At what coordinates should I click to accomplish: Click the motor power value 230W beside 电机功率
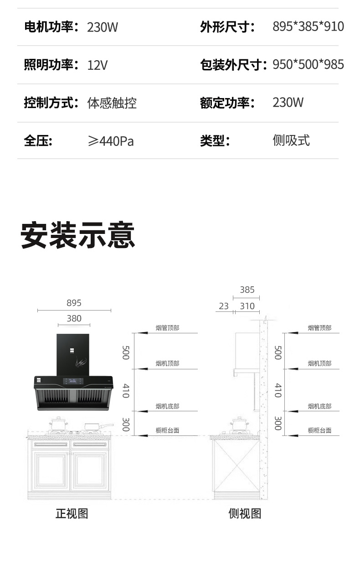click(103, 27)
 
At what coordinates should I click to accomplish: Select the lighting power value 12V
click(98, 65)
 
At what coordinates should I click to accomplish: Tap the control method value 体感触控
click(112, 103)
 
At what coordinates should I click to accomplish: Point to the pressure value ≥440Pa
click(111, 141)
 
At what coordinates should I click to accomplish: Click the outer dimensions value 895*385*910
click(308, 26)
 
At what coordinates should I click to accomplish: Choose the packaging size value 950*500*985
click(308, 64)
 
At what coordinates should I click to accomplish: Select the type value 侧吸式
click(291, 140)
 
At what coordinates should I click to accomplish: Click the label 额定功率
click(225, 103)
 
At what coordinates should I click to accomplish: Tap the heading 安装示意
click(77, 235)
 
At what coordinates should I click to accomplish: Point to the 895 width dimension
click(74, 303)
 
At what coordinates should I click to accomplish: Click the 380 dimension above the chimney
click(74, 318)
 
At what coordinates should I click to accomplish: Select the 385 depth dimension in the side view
click(247, 290)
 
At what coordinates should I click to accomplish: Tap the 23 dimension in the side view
click(224, 306)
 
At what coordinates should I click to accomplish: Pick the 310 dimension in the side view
click(247, 306)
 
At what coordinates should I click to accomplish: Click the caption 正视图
click(72, 514)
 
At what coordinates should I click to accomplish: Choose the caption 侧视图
click(245, 514)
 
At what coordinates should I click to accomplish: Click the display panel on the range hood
click(73, 381)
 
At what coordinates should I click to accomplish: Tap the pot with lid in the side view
click(239, 424)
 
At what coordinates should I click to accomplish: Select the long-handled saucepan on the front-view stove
click(98, 426)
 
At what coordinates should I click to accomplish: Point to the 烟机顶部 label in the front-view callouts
click(167, 363)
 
